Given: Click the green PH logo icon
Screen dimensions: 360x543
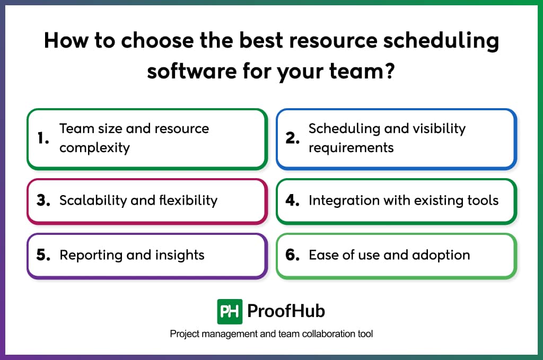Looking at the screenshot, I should (x=230, y=311).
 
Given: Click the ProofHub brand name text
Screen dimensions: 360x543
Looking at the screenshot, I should (x=286, y=311).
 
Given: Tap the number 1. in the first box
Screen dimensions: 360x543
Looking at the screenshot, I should (x=43, y=138).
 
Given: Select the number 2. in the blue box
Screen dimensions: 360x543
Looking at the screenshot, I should (x=293, y=138).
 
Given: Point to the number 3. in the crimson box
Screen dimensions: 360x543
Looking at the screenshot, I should (x=43, y=200).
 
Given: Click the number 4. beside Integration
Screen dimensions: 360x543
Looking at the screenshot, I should (x=293, y=200).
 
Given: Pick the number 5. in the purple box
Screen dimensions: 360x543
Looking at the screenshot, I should (x=43, y=255).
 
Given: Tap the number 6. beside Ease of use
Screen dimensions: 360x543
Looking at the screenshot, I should (x=293, y=255).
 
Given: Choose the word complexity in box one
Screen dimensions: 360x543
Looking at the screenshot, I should (x=94, y=147).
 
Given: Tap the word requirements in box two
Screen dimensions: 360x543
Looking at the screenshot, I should (x=351, y=147).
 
